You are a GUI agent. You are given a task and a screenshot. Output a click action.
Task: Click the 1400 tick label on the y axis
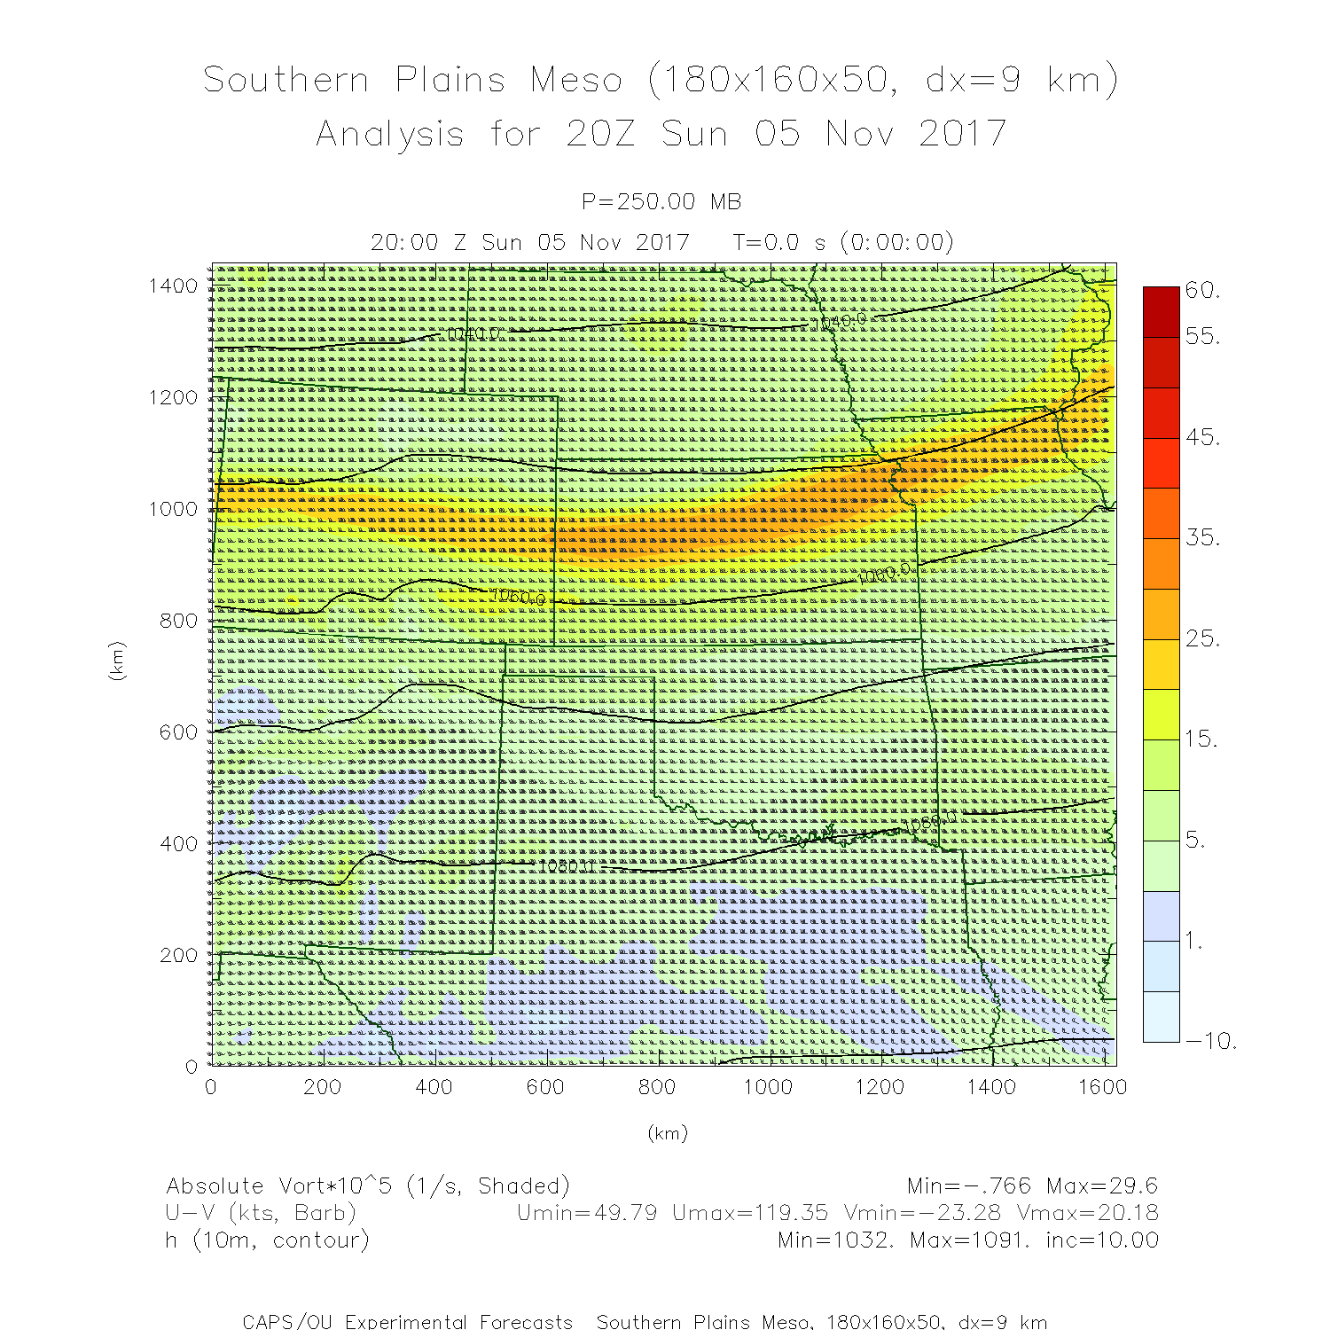(173, 286)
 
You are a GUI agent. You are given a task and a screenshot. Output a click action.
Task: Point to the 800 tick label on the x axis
(657, 1087)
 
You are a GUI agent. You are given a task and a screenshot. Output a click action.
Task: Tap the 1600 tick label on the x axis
(1103, 1087)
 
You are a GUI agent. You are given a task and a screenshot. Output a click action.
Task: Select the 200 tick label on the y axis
(179, 955)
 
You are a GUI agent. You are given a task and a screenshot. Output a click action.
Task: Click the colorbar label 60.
(1202, 290)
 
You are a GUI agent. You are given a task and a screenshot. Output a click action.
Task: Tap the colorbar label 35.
(1202, 537)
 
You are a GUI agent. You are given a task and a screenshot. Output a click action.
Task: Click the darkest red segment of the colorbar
(1162, 311)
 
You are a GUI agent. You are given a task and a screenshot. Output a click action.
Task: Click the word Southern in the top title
(286, 80)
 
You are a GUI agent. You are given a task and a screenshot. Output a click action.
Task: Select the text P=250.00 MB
(661, 202)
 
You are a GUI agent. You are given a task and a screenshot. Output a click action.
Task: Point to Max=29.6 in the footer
(1102, 1186)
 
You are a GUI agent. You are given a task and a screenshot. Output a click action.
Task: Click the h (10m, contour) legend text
(267, 1240)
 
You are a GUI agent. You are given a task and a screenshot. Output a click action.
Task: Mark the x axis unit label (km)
(667, 1133)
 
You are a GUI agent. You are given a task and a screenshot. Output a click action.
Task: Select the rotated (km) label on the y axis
(116, 661)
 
